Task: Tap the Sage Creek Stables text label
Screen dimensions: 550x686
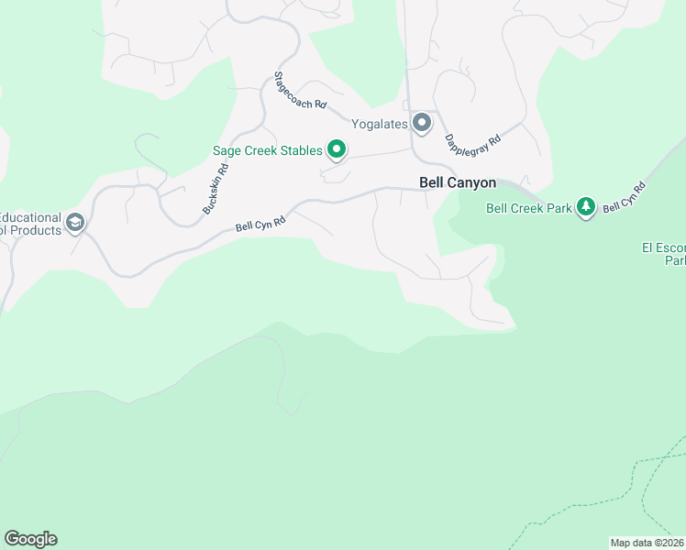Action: point(267,150)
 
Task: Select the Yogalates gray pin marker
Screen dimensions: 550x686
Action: point(422,123)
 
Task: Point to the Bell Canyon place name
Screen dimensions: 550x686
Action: point(457,183)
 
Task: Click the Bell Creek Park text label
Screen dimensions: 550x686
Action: point(528,208)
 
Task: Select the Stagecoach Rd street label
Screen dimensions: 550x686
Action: point(301,92)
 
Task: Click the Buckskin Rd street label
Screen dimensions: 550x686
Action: point(215,189)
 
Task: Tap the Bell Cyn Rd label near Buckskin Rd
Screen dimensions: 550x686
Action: point(261,223)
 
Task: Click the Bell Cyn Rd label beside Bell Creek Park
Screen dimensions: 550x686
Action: point(625,199)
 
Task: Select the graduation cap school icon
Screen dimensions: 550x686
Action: point(75,223)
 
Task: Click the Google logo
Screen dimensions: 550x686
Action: point(30,539)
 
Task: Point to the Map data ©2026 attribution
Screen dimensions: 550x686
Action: point(647,543)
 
